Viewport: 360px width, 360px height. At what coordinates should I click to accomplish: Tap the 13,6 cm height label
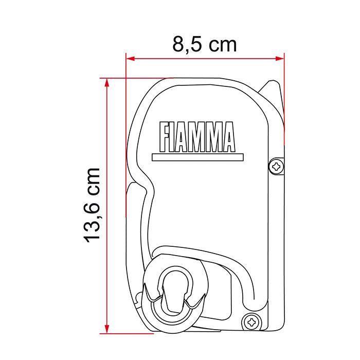(93, 204)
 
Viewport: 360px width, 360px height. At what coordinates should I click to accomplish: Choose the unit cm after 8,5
(222, 45)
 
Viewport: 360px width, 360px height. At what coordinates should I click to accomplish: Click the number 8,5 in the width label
(186, 45)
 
